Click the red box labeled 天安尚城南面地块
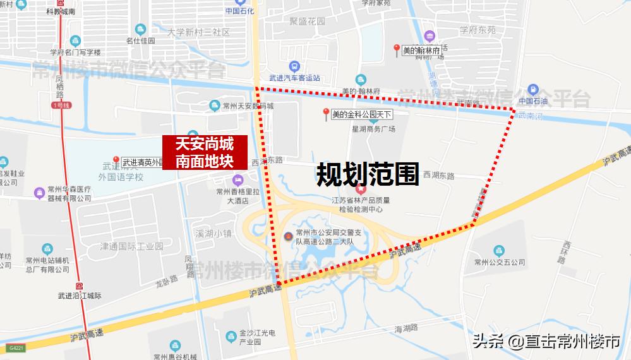tap(203, 152)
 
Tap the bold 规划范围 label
tap(368, 174)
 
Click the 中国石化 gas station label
tap(238, 11)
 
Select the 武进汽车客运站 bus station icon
tap(294, 67)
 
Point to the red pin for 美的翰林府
tap(396, 49)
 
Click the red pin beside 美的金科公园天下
tap(326, 114)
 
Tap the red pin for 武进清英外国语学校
tap(116, 161)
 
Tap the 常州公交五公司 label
tap(500, 262)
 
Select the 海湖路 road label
tap(406, 328)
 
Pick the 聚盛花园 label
tap(308, 21)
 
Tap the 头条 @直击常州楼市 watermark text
tap(546, 342)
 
